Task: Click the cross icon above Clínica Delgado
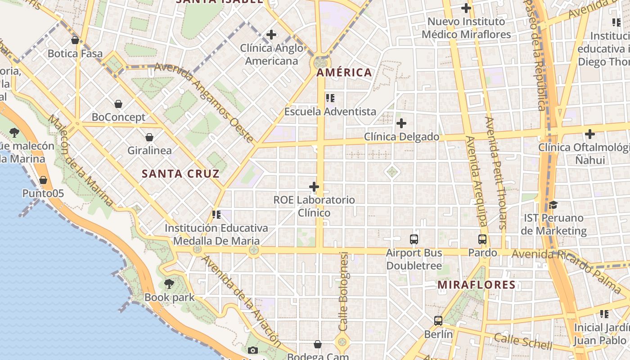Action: coord(401,123)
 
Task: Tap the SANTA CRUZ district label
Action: coord(180,174)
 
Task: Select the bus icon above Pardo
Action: coord(482,239)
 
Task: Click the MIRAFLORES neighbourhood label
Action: coord(477,285)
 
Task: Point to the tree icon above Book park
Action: coord(169,284)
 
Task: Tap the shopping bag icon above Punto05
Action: coord(43,180)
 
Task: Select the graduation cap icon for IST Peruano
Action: coord(553,205)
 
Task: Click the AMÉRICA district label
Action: coord(344,72)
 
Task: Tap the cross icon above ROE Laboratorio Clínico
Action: coord(314,187)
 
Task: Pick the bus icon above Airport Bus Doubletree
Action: coord(414,239)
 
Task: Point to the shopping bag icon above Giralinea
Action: coord(149,138)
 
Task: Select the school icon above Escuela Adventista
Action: coord(330,98)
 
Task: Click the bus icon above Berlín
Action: coord(438,321)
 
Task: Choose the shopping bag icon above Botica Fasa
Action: coord(75,40)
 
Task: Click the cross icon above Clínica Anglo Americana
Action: coord(271,35)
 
